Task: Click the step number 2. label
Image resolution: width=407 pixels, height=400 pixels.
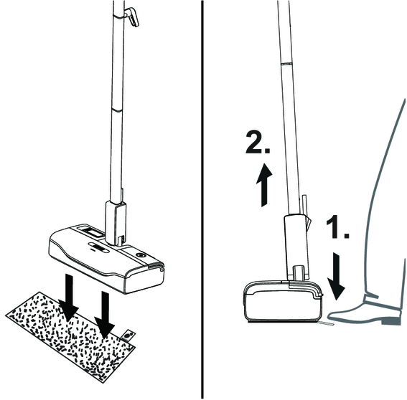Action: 258,143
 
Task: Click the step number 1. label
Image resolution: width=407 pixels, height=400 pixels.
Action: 337,227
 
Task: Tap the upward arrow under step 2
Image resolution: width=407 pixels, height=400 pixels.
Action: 264,185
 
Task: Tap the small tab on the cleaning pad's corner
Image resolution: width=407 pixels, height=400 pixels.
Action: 128,335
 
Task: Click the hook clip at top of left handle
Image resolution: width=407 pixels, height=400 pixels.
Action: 132,17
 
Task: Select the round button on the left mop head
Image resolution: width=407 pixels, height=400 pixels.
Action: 141,255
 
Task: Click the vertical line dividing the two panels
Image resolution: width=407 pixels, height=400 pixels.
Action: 202,199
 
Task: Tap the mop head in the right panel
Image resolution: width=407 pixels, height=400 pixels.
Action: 284,301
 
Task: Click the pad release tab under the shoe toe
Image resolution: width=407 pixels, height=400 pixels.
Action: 326,323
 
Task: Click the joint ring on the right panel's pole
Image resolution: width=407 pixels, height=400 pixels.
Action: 286,63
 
